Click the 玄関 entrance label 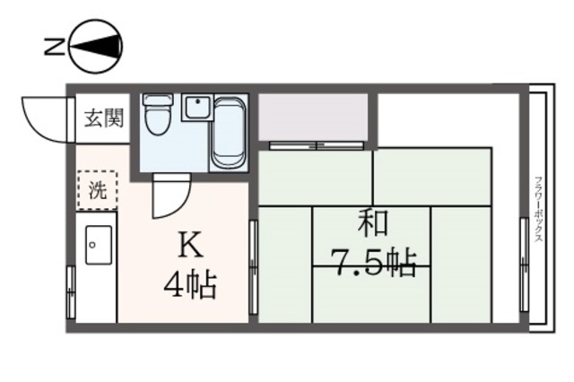(104, 117)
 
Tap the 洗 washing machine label (98, 189)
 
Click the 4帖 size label (189, 286)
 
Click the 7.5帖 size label (374, 263)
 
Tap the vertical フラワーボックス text (537, 207)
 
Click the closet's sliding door (311, 144)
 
